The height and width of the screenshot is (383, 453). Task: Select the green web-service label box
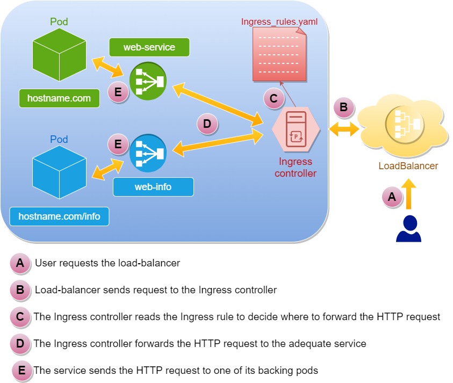point(149,47)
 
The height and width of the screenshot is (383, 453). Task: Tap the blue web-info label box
point(153,187)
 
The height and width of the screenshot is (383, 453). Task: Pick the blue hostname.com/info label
point(59,216)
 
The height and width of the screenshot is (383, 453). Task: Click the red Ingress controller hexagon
point(296,129)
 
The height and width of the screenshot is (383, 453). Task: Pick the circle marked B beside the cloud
point(344,107)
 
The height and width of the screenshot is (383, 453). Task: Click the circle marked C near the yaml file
point(274,98)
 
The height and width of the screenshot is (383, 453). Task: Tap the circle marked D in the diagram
point(207,125)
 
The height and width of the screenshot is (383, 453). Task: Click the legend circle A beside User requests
point(20,263)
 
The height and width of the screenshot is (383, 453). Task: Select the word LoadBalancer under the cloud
point(408,165)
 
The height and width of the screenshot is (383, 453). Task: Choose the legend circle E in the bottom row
point(21,370)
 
